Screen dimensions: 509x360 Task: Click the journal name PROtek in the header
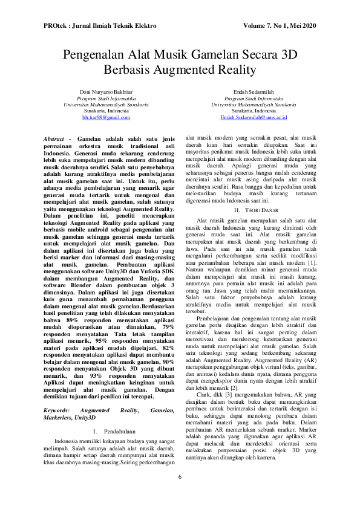(x=55, y=27)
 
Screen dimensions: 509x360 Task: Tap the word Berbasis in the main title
(x=126, y=70)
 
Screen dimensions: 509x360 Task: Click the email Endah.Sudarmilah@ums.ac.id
(x=254, y=118)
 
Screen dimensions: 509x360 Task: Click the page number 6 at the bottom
(x=180, y=494)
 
